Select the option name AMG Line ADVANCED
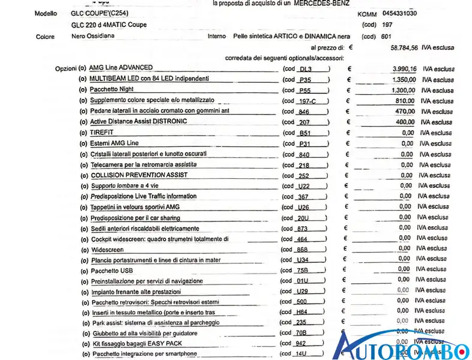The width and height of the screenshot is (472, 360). point(121,68)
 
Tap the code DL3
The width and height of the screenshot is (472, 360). point(306,69)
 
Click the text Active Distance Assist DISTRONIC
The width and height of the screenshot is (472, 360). point(138,121)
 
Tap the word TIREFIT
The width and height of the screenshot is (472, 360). point(101,132)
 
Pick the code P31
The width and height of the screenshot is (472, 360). point(304,144)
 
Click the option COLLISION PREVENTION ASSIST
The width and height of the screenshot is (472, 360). point(139,175)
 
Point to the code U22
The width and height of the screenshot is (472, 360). point(304,187)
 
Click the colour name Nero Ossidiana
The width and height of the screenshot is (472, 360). point(93,36)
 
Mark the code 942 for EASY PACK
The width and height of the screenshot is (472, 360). point(301,344)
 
